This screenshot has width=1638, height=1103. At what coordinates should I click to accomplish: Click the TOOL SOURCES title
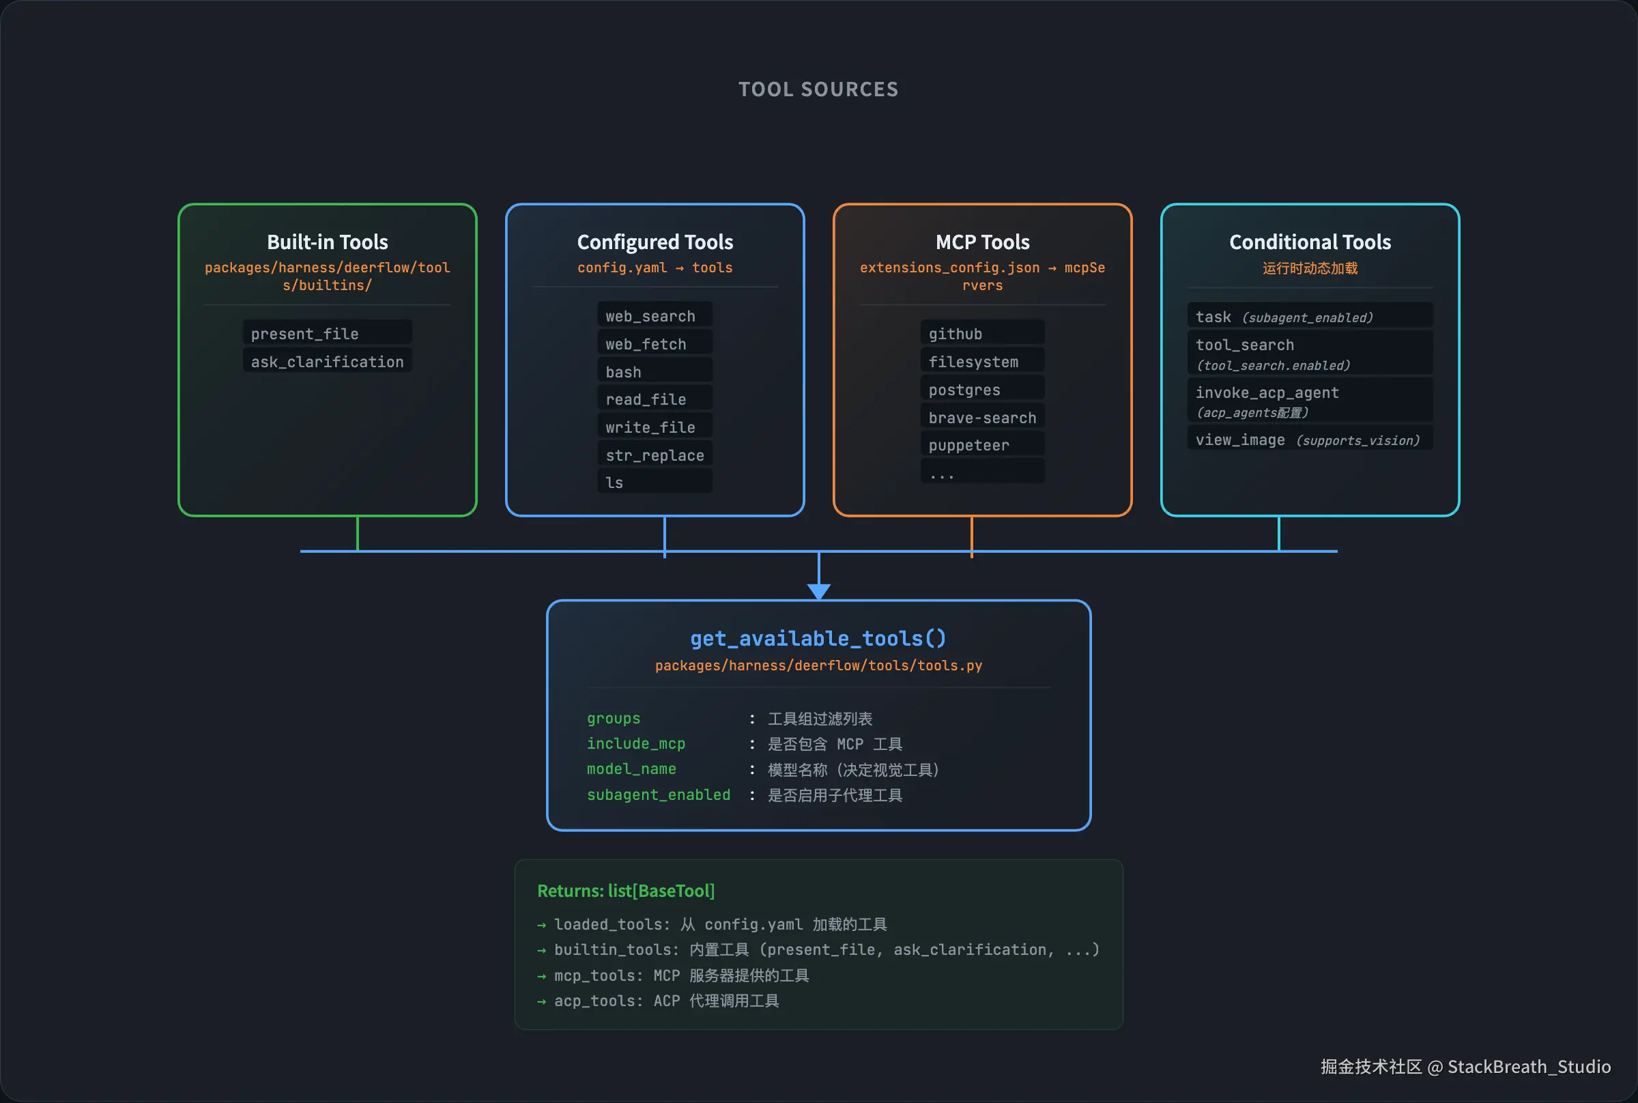[818, 89]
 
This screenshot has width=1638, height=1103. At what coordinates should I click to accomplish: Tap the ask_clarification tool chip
[327, 362]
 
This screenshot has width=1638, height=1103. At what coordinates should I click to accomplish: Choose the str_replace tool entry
[654, 455]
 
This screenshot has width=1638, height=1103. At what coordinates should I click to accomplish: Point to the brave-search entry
[982, 417]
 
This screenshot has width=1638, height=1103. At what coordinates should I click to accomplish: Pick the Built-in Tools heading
[327, 242]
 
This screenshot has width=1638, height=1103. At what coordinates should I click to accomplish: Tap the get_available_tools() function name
[818, 638]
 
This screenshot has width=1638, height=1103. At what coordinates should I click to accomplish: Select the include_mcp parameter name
[636, 743]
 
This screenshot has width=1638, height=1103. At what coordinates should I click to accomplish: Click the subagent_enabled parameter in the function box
[659, 795]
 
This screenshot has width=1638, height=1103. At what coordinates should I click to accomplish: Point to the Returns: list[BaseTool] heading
[625, 891]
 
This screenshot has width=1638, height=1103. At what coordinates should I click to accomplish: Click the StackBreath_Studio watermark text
[1529, 1066]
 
